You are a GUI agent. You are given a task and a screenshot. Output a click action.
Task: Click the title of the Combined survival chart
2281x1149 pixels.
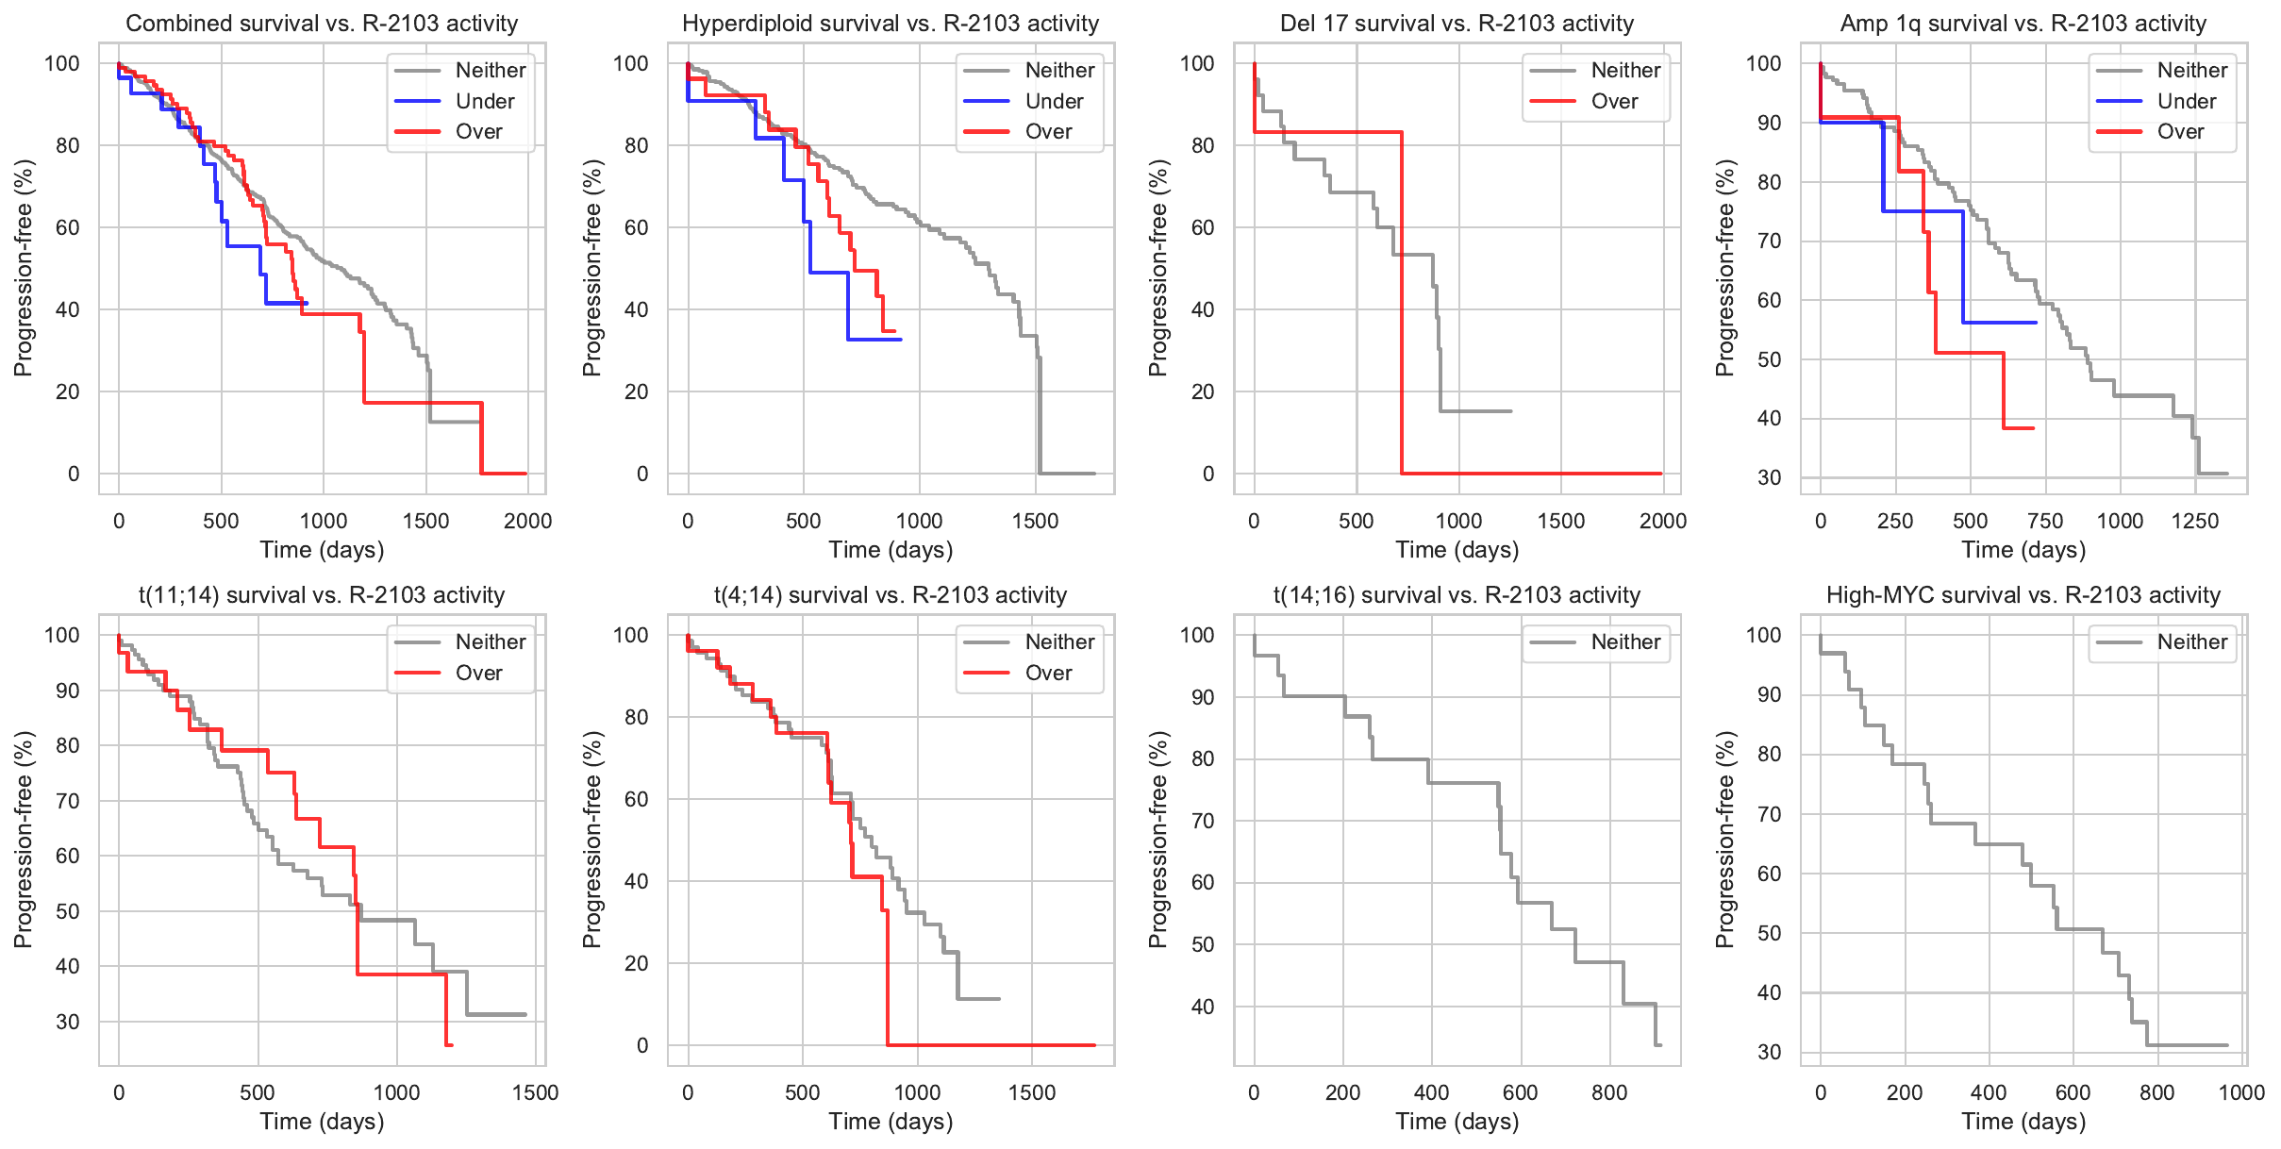(322, 24)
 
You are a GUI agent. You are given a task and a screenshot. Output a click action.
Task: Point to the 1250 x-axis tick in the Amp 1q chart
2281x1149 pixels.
(2194, 521)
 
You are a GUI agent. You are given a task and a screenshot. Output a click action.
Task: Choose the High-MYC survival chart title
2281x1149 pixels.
(2023, 595)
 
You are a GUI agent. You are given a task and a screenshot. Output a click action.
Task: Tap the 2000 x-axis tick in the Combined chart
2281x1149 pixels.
(527, 521)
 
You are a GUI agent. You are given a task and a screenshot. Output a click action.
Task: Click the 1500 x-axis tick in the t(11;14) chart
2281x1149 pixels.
(535, 1092)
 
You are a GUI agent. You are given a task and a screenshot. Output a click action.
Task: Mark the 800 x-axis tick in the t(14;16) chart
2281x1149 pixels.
(1608, 1092)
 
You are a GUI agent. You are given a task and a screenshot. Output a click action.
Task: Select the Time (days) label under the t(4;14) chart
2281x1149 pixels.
(891, 1122)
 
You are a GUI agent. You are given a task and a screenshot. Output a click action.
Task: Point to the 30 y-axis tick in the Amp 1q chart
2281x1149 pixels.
(1769, 477)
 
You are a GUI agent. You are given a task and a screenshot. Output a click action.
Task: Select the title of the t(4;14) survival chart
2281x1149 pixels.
(891, 595)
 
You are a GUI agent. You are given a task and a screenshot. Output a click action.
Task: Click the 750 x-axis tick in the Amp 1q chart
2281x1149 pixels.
(2045, 521)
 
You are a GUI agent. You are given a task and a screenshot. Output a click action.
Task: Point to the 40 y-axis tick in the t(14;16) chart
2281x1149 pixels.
(1203, 1007)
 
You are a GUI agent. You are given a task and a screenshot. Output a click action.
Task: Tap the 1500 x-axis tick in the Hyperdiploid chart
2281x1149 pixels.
(1035, 521)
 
